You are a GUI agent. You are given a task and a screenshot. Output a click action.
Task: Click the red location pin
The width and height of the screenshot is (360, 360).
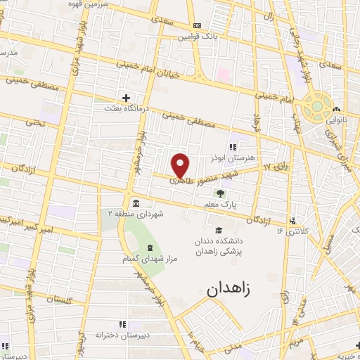[x=181, y=165]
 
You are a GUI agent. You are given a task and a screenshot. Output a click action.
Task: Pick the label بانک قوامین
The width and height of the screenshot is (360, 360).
[x=194, y=36]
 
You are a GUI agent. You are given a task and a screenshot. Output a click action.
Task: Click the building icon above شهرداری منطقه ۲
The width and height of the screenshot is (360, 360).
[x=134, y=203]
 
